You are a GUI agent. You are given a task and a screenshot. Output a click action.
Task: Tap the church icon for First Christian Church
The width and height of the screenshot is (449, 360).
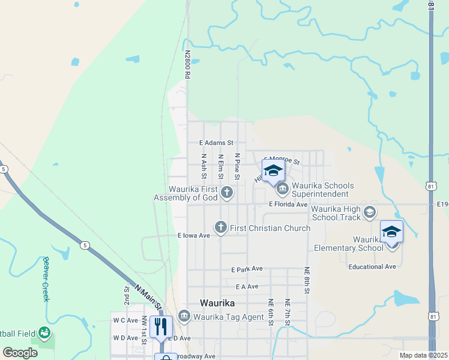point(221,227)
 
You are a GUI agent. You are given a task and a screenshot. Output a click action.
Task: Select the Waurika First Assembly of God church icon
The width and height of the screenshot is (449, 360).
point(227,193)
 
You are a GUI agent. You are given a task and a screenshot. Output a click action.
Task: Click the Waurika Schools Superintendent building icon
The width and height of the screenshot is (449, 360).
point(282,190)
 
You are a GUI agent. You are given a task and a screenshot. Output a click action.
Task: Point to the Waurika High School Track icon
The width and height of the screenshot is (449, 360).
point(370,212)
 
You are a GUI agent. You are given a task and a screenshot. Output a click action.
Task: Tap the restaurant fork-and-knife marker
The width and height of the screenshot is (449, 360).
point(161,327)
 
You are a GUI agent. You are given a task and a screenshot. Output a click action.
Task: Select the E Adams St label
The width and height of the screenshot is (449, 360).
point(216,143)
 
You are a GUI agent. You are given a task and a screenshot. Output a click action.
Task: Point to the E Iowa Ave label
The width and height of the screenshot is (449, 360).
point(194,236)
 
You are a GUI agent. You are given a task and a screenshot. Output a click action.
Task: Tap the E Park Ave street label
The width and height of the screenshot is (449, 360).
point(247,269)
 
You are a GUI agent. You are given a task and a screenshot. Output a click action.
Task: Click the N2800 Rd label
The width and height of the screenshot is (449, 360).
point(187,64)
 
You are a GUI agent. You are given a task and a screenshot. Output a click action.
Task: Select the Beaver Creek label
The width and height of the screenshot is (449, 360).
point(46,278)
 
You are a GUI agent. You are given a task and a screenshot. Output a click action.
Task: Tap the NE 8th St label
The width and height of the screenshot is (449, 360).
point(307,280)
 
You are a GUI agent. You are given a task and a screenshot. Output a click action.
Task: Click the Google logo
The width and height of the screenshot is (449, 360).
point(20,353)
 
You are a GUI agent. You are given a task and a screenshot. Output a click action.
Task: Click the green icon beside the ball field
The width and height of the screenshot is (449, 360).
point(44,332)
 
